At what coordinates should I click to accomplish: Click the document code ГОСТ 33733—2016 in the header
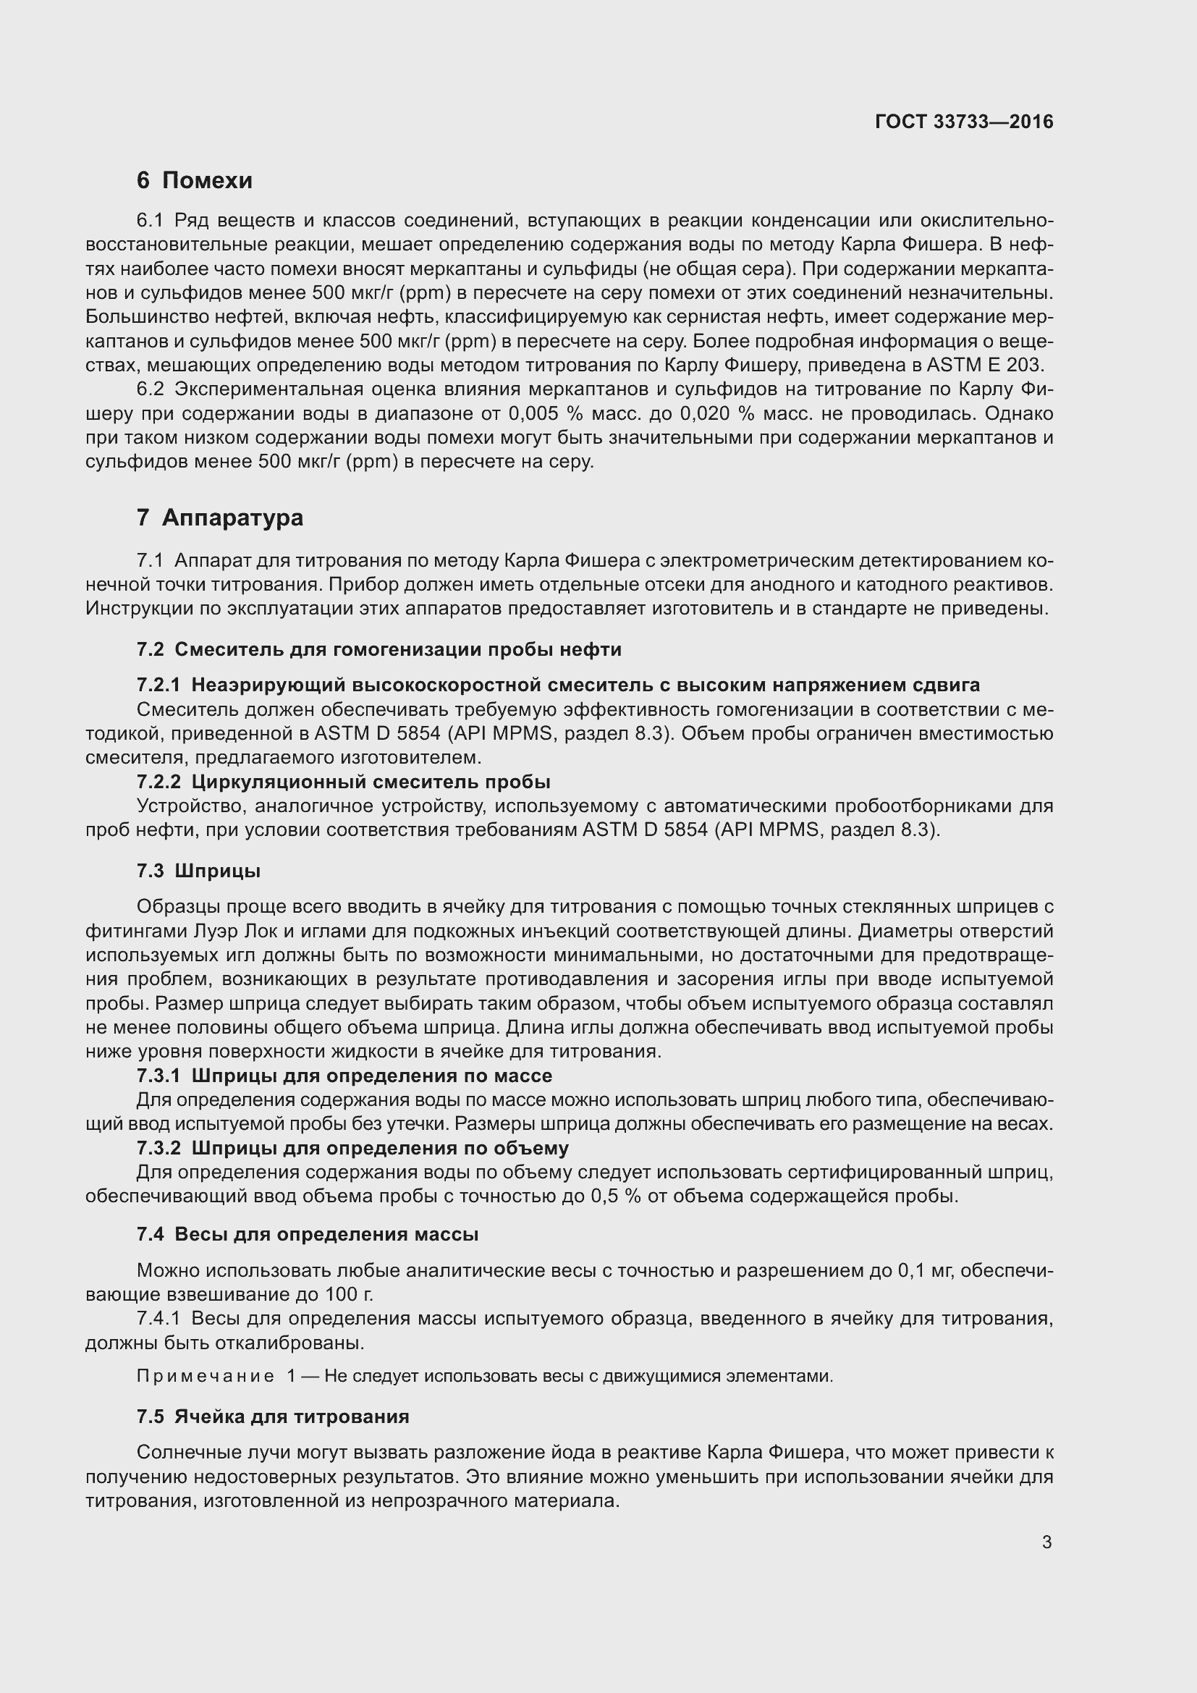(963, 122)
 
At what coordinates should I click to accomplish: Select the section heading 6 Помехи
(195, 180)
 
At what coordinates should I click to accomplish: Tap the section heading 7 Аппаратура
(220, 518)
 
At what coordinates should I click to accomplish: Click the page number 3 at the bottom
(1046, 1542)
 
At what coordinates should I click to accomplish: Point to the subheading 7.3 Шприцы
(198, 871)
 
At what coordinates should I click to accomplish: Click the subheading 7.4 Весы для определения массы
(308, 1234)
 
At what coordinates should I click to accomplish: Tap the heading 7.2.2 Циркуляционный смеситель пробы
(344, 782)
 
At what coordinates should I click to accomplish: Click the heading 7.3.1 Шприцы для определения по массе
(344, 1076)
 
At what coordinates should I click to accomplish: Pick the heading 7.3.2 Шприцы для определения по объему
(352, 1148)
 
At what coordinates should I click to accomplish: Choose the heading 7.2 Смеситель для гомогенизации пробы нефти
(378, 649)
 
